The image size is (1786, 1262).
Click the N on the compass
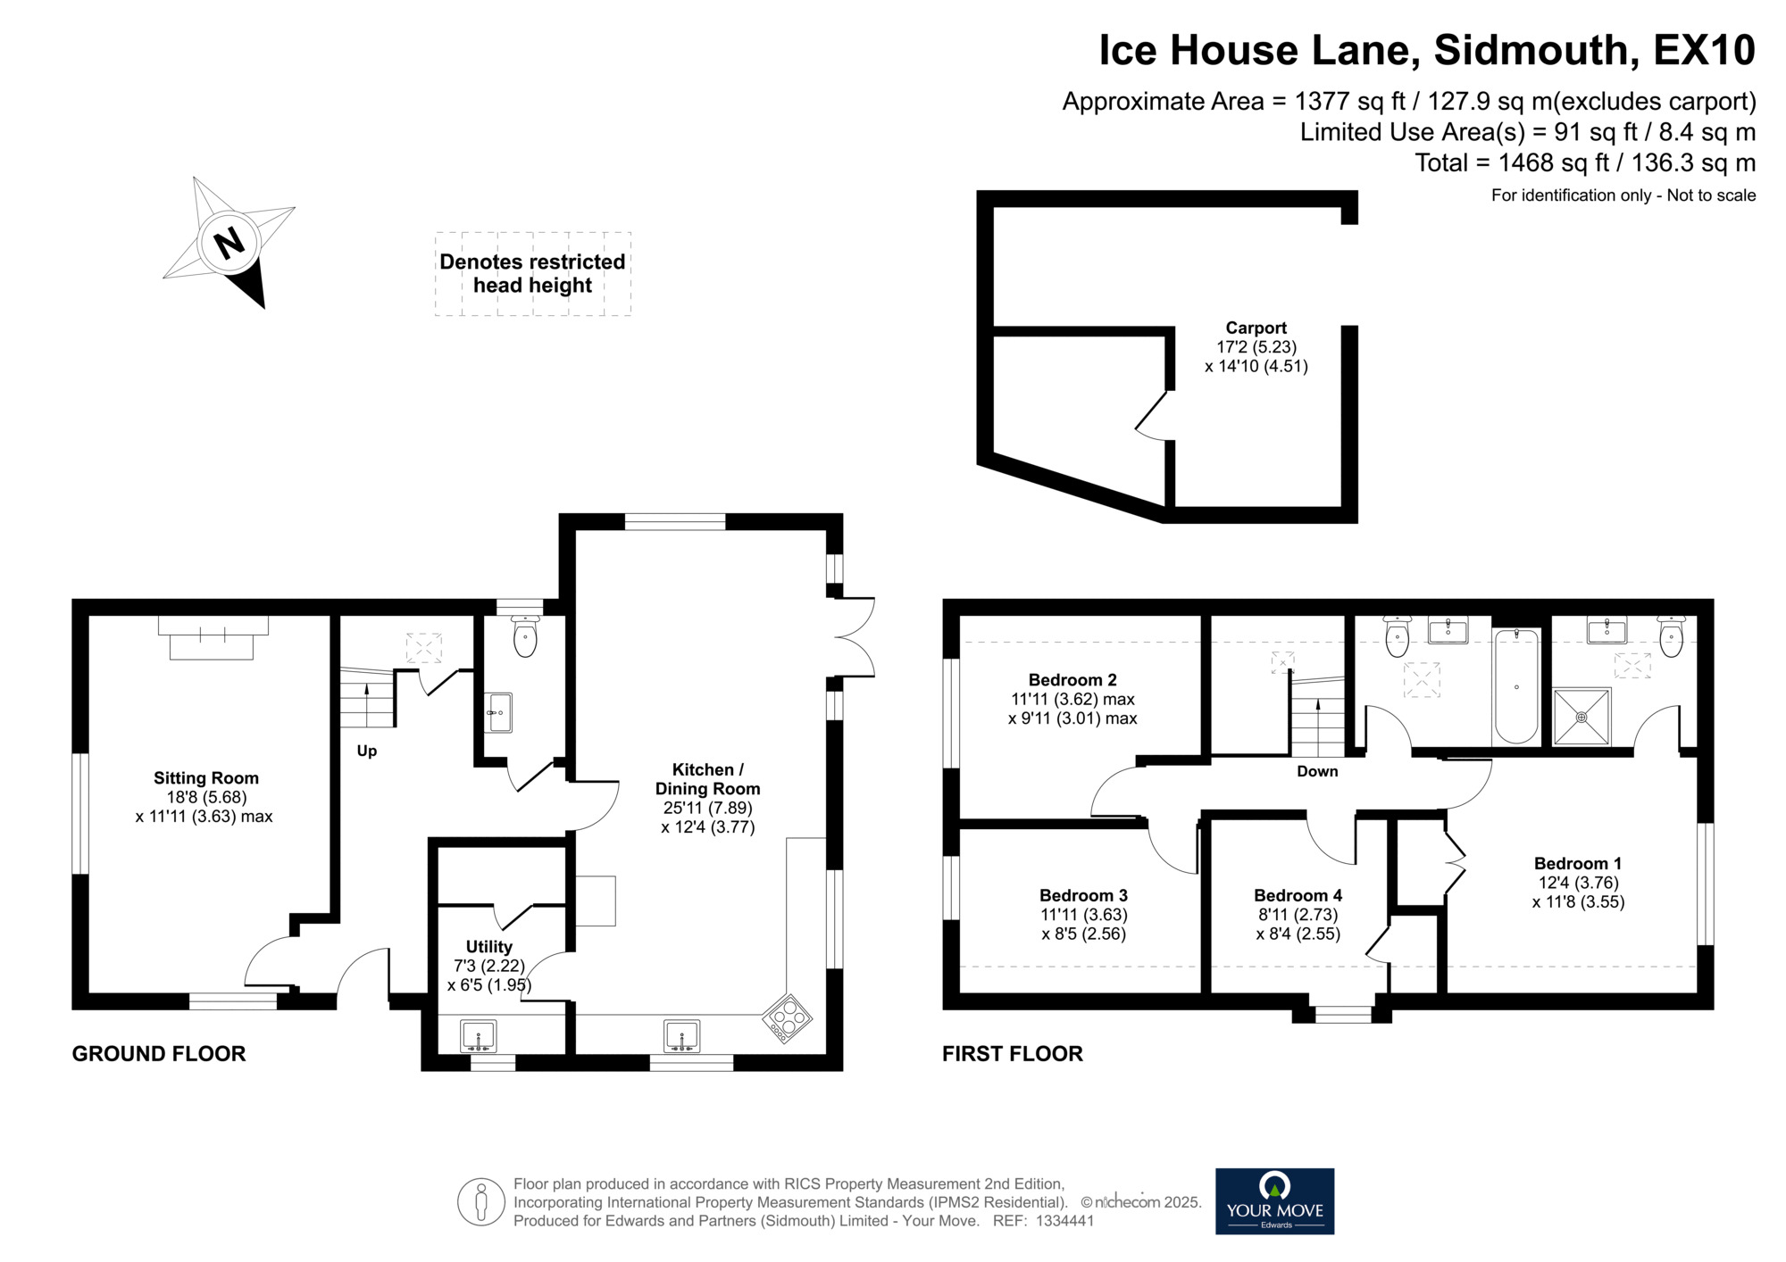point(230,243)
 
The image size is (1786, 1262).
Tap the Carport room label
point(1256,328)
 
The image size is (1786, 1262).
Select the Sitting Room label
point(206,777)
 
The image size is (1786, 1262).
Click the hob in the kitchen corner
point(787,1018)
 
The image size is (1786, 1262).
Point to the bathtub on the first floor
point(1515,685)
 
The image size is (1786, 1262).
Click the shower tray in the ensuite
point(1582,717)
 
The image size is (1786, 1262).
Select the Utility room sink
point(479,1037)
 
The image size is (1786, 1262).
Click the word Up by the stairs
point(367,751)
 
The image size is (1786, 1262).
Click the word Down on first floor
point(1317,771)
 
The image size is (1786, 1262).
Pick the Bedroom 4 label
point(1298,895)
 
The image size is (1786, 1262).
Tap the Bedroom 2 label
point(1072,680)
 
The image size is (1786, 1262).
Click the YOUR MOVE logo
point(1274,1201)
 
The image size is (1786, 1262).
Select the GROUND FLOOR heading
point(159,1053)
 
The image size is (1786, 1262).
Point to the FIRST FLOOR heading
point(1012,1053)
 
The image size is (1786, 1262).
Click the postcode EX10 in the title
point(1704,50)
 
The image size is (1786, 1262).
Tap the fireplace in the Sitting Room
point(213,637)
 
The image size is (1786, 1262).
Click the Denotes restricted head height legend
point(532,273)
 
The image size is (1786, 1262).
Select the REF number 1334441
point(1064,1221)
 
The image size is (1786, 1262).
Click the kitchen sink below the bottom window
point(681,1037)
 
